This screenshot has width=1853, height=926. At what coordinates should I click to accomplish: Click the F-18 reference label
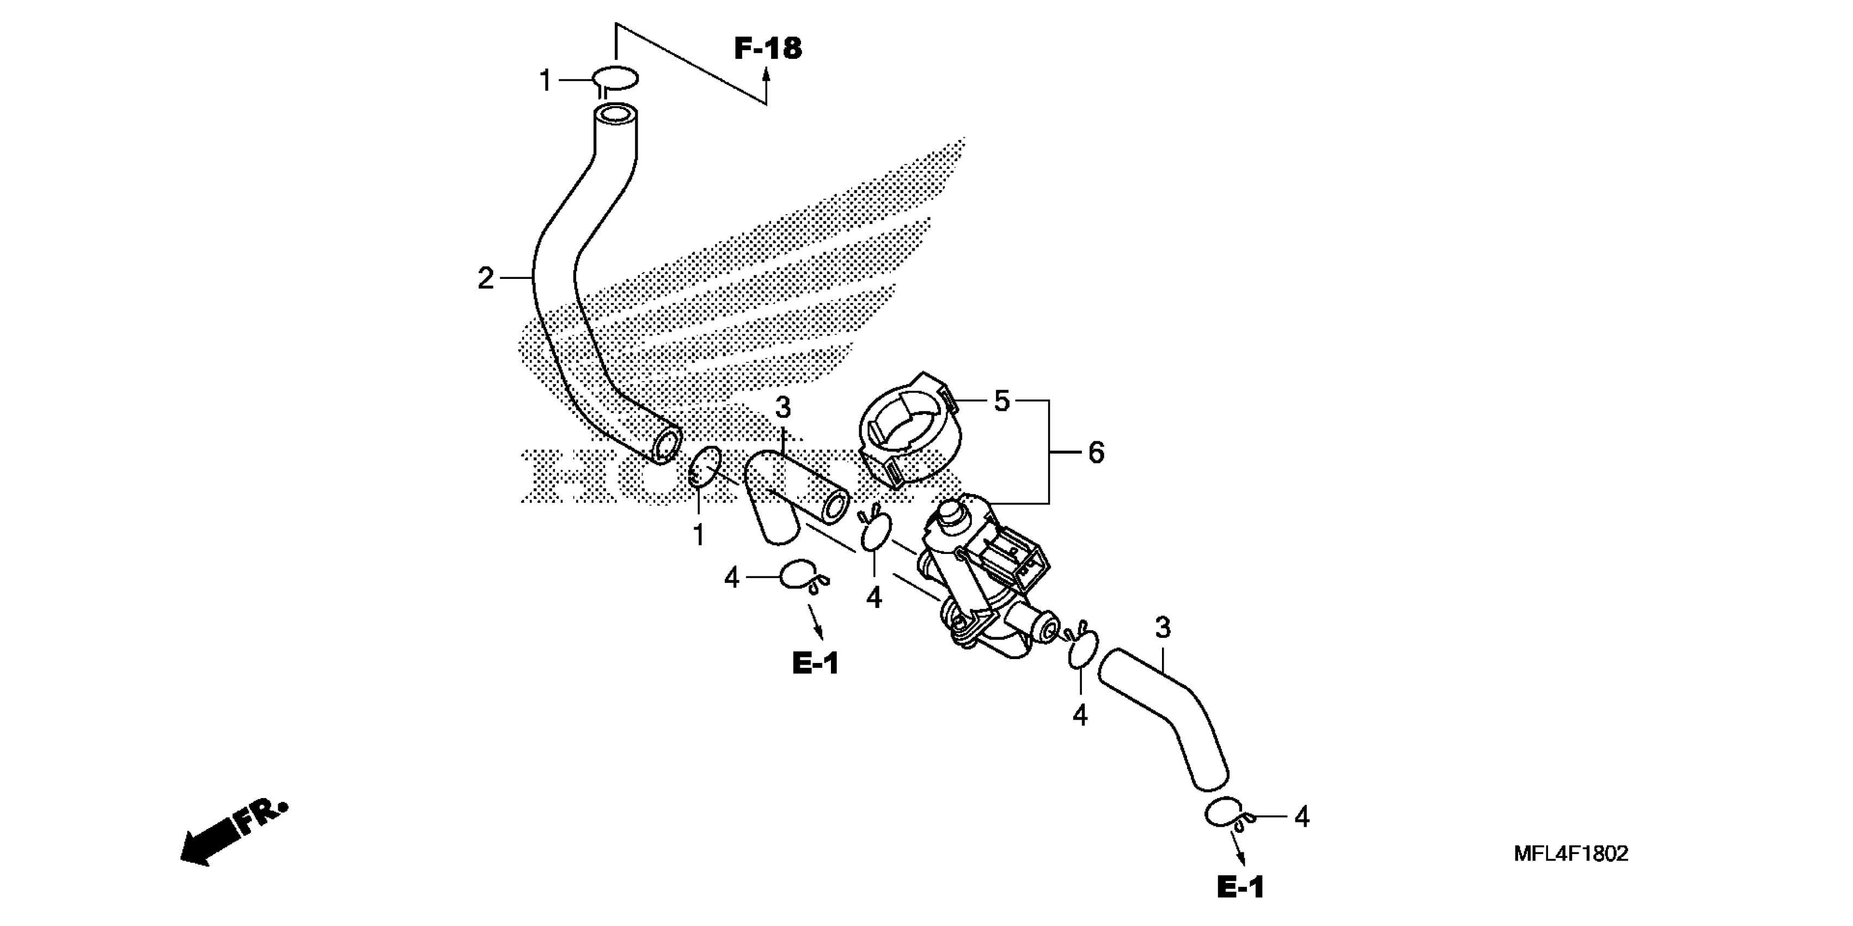768,48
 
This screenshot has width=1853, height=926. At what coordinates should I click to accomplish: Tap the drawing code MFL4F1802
1571,854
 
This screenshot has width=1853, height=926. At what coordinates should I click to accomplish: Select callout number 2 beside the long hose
486,278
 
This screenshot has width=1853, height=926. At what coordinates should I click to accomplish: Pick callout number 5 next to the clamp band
1002,401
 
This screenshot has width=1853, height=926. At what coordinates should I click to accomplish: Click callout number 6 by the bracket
1096,453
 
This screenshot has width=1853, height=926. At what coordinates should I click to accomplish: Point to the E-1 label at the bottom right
1240,888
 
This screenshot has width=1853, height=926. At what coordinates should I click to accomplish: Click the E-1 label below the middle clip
816,663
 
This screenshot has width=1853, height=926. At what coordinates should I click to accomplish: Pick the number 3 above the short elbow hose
782,408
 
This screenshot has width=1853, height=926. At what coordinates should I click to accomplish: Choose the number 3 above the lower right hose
1163,628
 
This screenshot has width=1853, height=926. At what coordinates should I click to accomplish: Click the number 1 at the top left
545,81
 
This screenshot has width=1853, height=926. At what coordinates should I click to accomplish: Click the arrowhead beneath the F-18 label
767,74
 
